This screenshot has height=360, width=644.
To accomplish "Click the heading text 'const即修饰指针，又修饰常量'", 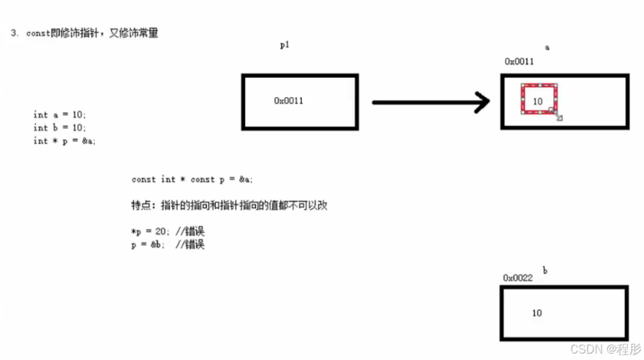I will tap(91, 33).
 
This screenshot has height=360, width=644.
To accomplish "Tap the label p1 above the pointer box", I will tap(285, 45).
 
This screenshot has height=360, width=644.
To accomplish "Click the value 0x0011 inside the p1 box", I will tap(288, 101).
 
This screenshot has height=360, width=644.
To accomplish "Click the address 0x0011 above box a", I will tap(519, 62).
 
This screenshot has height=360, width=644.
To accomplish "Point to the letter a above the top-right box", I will tap(547, 47).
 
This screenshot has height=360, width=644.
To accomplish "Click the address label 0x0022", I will tap(517, 278).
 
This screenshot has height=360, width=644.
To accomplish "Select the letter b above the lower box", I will tap(545, 270).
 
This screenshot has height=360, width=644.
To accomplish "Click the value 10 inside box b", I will tap(536, 313).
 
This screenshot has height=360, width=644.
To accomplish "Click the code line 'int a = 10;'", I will tap(60, 114).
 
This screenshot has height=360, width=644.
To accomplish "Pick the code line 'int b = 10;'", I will tap(60, 128).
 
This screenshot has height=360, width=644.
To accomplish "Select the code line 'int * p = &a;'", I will tap(64, 141).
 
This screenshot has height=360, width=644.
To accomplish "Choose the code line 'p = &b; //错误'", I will tap(168, 244).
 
